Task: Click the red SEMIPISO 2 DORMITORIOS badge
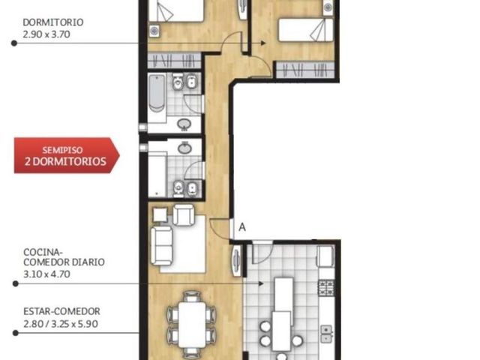(67, 155)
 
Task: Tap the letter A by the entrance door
(242, 227)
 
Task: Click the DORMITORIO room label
(53, 22)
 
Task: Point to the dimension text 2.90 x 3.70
(46, 34)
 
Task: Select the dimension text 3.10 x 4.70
(46, 274)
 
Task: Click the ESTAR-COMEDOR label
(61, 311)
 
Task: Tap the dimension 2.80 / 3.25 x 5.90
(61, 324)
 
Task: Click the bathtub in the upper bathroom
(157, 93)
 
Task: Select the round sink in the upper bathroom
(184, 124)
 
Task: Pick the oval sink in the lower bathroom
(185, 148)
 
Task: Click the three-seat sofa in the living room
(162, 246)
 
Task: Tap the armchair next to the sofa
(184, 215)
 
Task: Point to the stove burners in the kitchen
(326, 288)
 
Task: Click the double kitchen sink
(327, 334)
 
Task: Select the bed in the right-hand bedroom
(305, 30)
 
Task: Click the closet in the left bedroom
(174, 60)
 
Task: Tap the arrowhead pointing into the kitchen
(261, 283)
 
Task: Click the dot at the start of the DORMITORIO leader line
(14, 43)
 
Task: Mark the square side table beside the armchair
(160, 214)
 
